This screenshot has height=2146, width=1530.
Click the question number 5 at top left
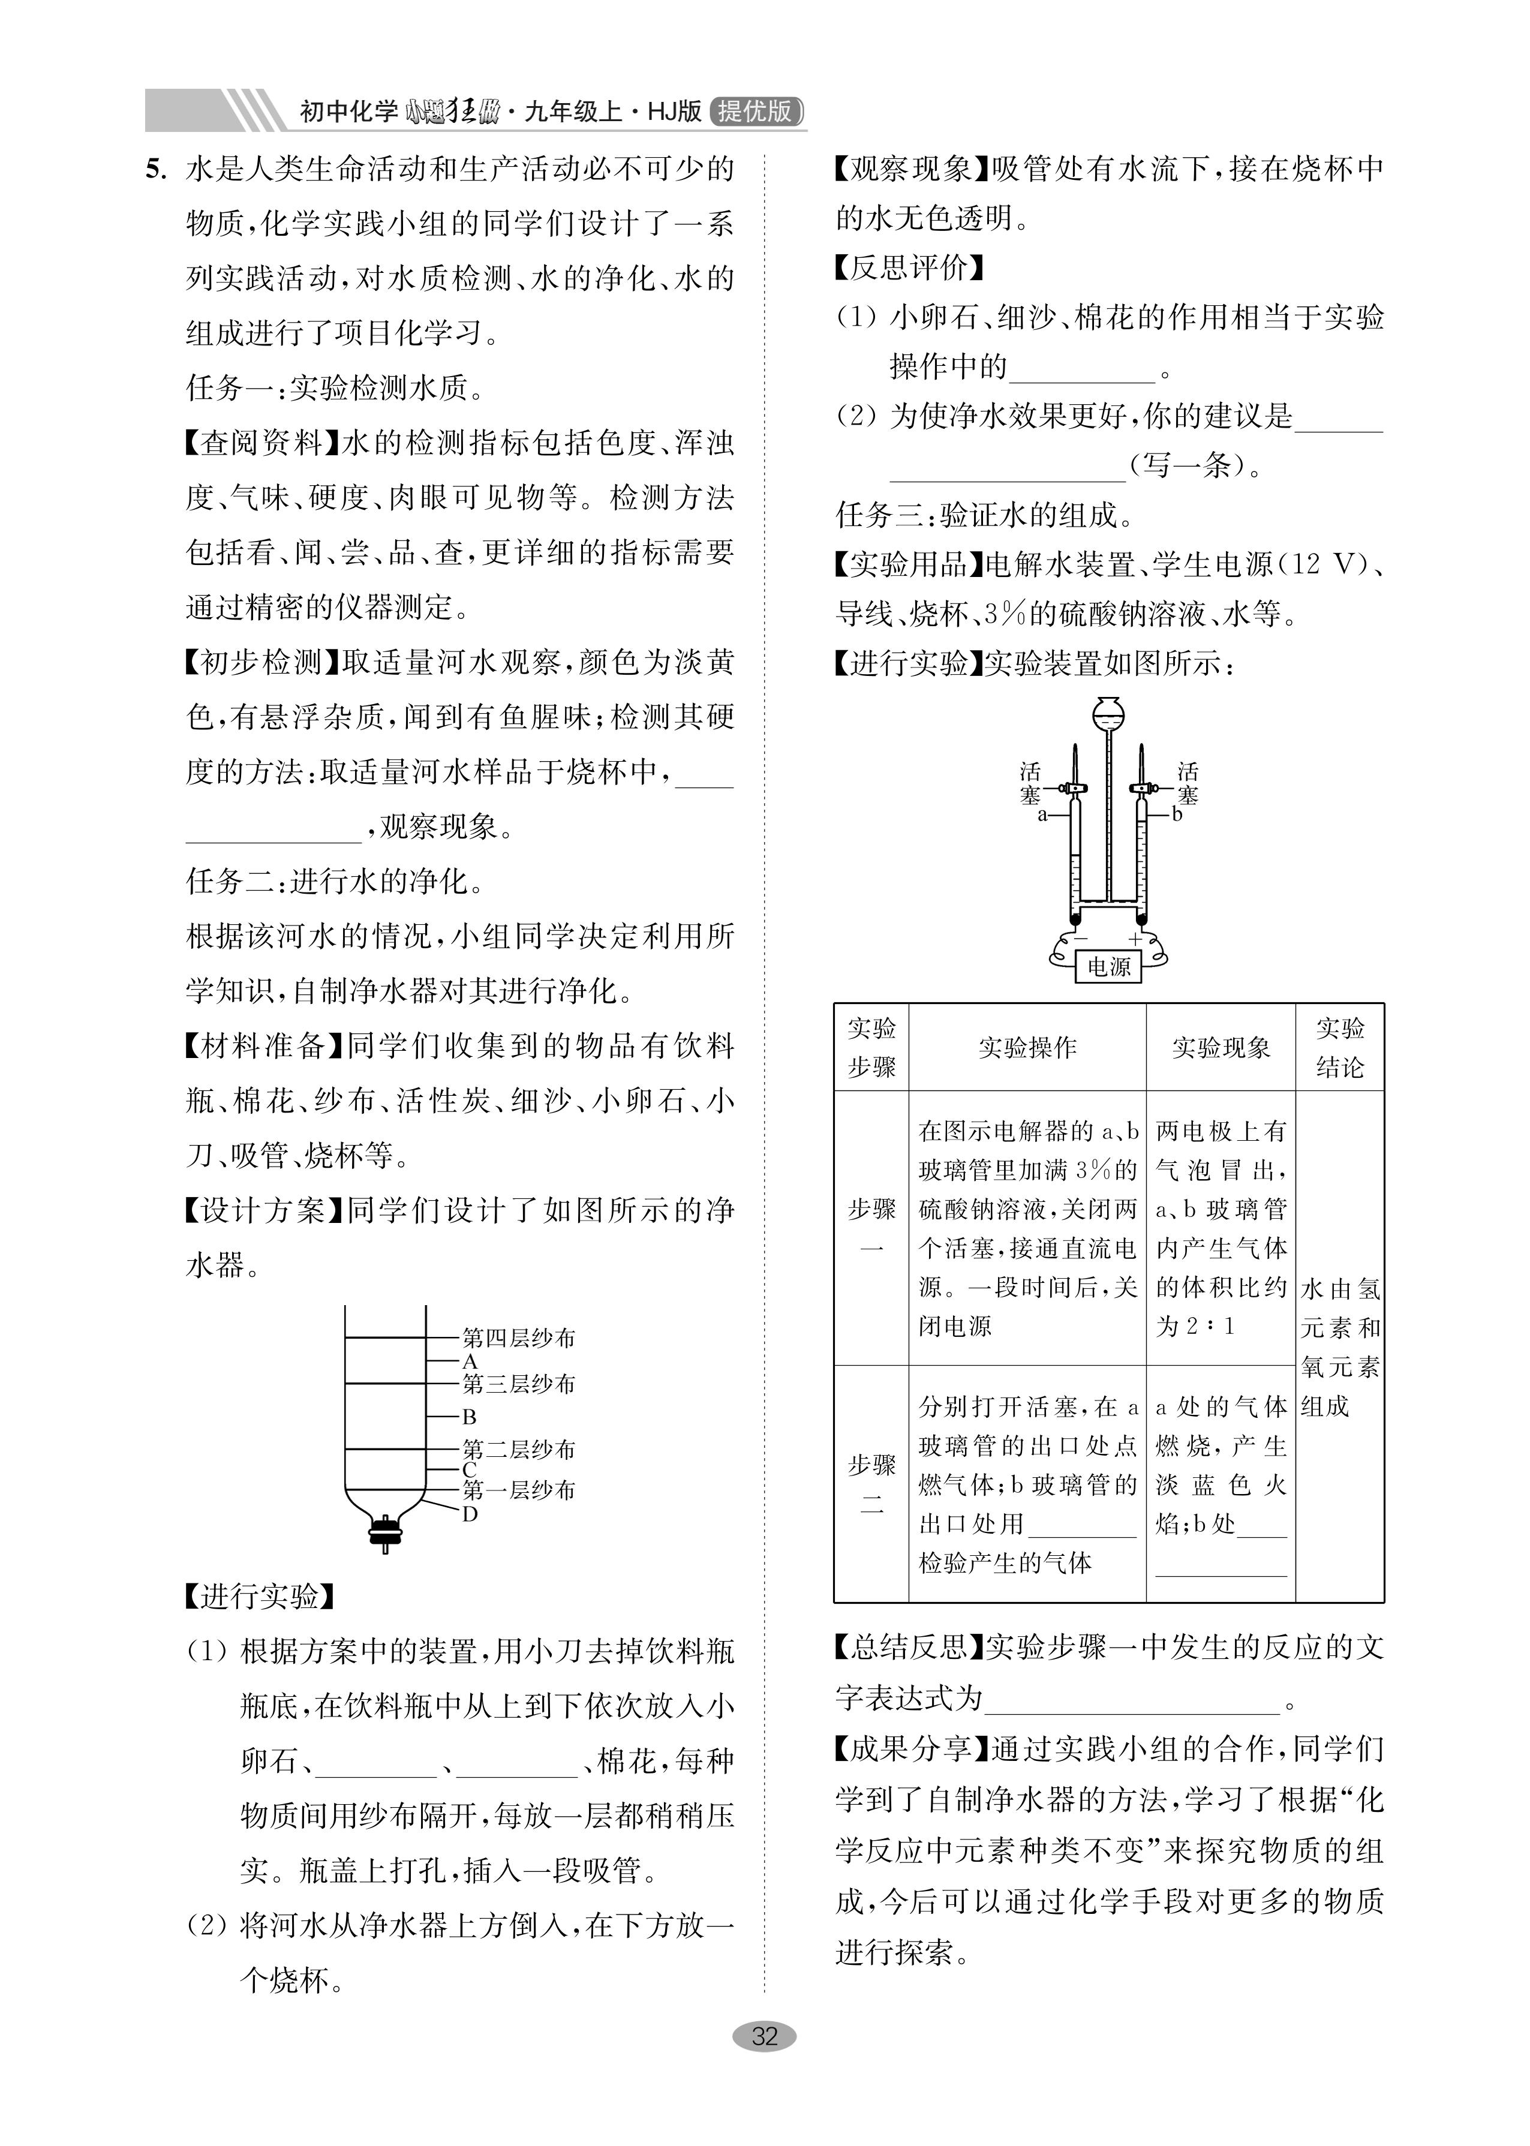(x=155, y=170)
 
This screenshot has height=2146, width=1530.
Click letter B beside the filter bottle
(x=469, y=1416)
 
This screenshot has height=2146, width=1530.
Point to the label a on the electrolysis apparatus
(x=1042, y=814)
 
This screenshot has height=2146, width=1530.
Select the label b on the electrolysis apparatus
(x=1177, y=814)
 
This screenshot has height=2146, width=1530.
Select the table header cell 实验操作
(x=1027, y=1048)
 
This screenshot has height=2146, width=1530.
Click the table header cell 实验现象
(x=1221, y=1048)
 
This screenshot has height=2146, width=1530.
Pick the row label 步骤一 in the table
(x=871, y=1228)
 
